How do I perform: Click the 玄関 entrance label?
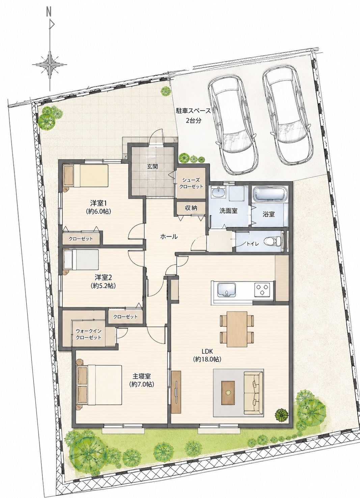pos(152,166)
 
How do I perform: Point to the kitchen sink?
pos(226,290)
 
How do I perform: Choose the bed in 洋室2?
pos(81,259)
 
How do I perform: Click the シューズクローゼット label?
pos(191,183)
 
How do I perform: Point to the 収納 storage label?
pos(191,208)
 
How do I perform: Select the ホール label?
pos(169,237)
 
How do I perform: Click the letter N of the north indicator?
pos(49,13)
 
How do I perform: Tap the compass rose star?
pos(50,65)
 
